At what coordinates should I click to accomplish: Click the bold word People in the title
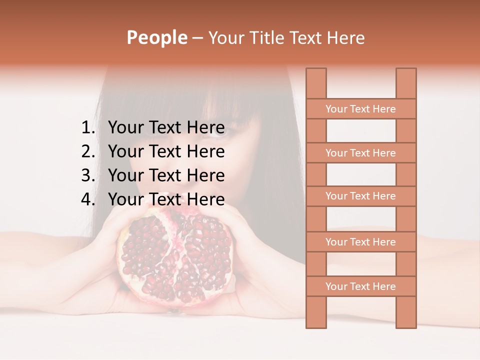pos(156,37)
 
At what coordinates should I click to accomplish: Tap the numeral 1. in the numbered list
pos(87,128)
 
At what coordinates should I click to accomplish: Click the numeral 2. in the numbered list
pos(87,151)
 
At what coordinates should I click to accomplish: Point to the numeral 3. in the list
pos(87,175)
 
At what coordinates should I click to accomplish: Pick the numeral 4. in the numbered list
pos(87,199)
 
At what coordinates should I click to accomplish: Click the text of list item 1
pos(166,128)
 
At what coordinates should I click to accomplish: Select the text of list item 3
pos(166,175)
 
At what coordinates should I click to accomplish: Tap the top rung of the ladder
pos(360,109)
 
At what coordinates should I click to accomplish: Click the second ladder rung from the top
pos(360,153)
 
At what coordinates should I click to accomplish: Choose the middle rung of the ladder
pos(360,196)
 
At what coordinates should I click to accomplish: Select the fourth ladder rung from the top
pos(360,242)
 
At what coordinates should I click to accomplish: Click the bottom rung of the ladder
pos(360,286)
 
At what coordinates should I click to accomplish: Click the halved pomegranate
pos(175,257)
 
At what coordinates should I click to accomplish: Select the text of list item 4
pos(166,199)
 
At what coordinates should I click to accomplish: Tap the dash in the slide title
pos(197,38)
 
